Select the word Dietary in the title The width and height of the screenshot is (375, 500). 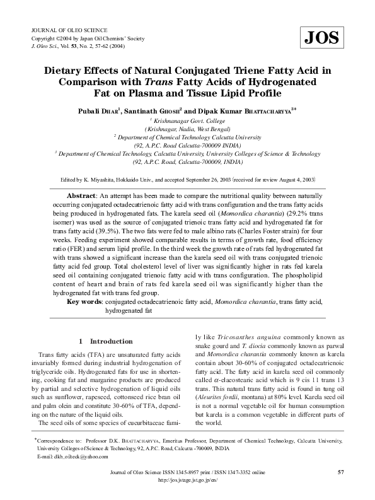click(67, 69)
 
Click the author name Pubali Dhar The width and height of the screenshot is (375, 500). click(100, 111)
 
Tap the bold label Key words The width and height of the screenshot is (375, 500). click(84, 302)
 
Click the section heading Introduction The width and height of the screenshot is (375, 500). click(111, 341)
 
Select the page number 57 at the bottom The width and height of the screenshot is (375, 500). click(341, 472)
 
